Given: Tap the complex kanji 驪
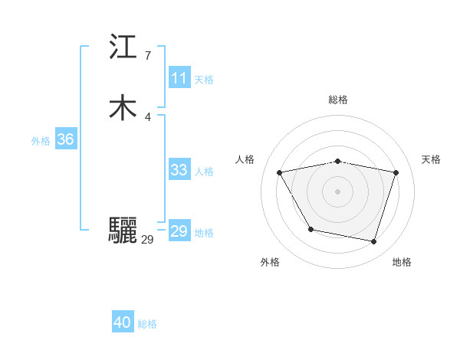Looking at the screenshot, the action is tap(123, 231).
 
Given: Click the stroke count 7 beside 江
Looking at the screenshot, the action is tap(147, 56).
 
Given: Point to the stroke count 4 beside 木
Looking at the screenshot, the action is tap(147, 116).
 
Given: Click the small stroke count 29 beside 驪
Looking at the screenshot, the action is tap(147, 240).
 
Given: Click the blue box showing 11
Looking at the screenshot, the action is tap(179, 78).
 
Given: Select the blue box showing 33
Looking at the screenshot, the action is tap(179, 170).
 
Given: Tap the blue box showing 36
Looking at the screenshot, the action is tap(65, 139).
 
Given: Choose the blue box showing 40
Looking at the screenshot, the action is tap(123, 322).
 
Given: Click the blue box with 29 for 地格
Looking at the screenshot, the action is tap(179, 231).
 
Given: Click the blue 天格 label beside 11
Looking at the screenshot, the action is tap(204, 79).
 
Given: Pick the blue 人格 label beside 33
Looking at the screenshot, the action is tap(204, 171).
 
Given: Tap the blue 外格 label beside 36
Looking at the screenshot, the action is tap(41, 140).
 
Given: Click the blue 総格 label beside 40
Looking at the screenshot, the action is tap(147, 324).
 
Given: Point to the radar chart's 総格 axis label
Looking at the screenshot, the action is tap(337, 100).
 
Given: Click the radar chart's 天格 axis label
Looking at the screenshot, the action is tap(431, 159).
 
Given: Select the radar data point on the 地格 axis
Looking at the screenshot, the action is tap(374, 242).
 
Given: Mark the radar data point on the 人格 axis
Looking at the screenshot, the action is tap(279, 172).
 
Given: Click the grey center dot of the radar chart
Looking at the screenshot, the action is tap(337, 191).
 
